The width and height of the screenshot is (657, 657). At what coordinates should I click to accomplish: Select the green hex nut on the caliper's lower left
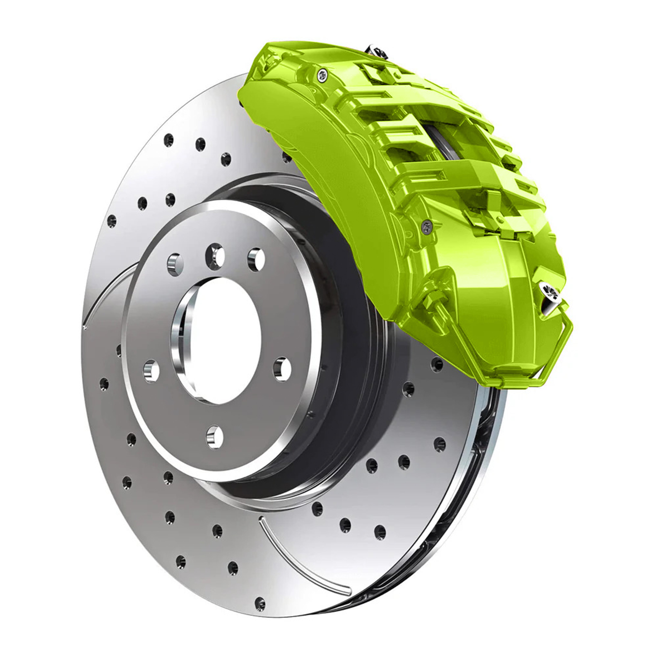click(430, 299)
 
